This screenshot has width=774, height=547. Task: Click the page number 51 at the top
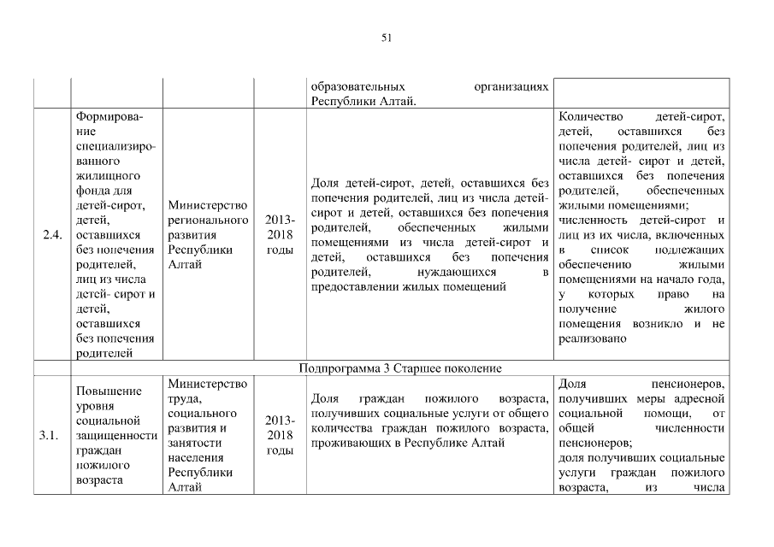[x=387, y=37]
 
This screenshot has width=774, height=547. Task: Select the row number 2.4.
[x=51, y=236]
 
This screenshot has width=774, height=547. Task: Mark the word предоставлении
[x=353, y=286]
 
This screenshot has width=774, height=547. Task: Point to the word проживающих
[x=347, y=443]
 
